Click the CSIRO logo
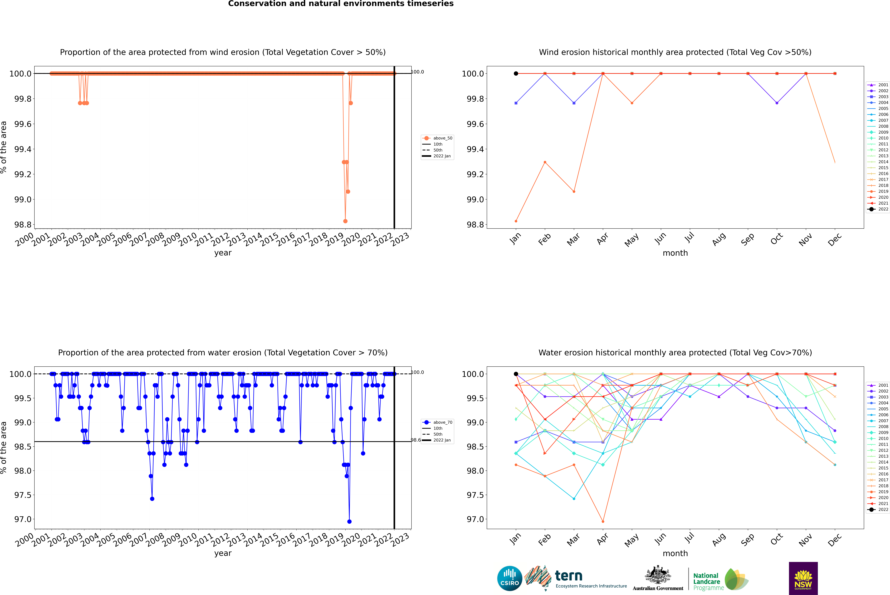click(510, 578)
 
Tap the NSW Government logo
click(803, 578)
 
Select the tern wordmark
click(568, 576)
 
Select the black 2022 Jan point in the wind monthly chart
click(516, 74)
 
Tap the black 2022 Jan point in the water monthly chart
click(516, 374)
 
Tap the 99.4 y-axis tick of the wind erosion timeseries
click(23, 149)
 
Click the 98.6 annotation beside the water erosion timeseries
click(416, 440)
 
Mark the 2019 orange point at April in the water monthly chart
click(603, 521)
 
